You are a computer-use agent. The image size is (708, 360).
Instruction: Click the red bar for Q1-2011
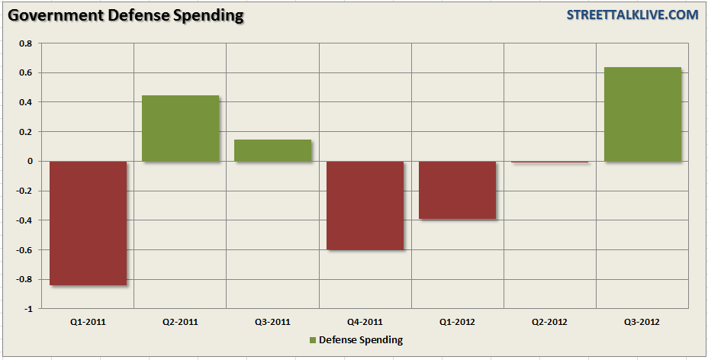pos(88,223)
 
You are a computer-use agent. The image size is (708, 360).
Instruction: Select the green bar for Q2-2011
pos(181,128)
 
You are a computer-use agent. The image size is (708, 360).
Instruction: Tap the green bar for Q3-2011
pos(272,150)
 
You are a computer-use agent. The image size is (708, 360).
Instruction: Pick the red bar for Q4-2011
pos(365,205)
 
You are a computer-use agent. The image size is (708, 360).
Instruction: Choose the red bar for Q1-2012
pos(458,190)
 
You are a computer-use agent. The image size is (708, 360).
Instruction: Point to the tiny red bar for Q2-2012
pos(550,162)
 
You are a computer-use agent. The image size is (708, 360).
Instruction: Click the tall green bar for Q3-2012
pos(642,114)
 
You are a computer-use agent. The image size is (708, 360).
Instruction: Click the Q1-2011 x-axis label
pos(88,322)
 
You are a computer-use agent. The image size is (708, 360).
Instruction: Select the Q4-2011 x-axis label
pos(365,322)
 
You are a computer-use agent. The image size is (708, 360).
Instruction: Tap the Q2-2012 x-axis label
pos(550,322)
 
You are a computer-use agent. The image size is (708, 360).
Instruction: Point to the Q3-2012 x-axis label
pos(642,322)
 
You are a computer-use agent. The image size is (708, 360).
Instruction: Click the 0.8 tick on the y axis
pos(26,43)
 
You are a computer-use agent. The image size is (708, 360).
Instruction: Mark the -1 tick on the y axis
pos(29,309)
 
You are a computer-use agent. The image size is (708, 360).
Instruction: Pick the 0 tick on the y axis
pos(30,162)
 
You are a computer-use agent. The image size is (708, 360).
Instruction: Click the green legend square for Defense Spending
pos(313,339)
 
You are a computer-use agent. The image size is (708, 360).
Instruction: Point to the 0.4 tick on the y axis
pos(26,102)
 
